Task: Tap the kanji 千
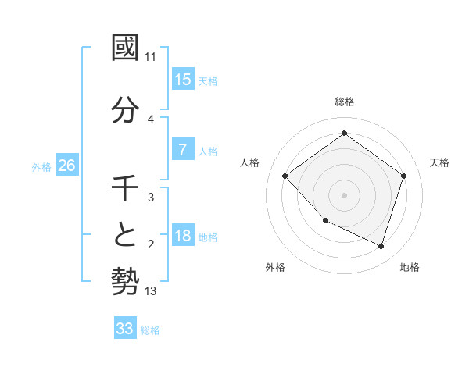(125, 189)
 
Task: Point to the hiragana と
(125, 235)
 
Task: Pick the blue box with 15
(183, 79)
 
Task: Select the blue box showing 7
(183, 150)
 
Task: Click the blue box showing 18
(183, 237)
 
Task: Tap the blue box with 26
(67, 166)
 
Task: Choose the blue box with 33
(125, 329)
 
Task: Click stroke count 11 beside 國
(151, 57)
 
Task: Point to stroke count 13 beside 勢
(151, 291)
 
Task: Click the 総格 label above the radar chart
(345, 102)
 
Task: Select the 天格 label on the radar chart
(439, 162)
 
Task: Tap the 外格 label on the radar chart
(275, 267)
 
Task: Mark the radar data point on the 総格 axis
(344, 134)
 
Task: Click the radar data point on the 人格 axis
(285, 176)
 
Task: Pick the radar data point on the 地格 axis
(381, 246)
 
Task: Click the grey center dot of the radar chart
(344, 195)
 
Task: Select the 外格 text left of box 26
(41, 166)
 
